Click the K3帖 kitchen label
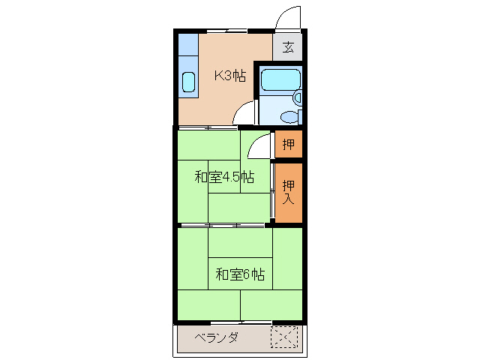[x=230, y=75]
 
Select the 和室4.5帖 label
[x=224, y=178]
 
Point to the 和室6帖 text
[x=240, y=274]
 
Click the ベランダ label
[x=216, y=337]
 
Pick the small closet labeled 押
[x=288, y=144]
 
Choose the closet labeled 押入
[x=288, y=192]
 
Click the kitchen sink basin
[x=188, y=82]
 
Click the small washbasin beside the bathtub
[x=298, y=97]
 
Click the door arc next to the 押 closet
[x=259, y=147]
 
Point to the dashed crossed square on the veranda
[x=284, y=337]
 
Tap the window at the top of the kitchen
[x=226, y=31]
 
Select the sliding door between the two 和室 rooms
[x=223, y=225]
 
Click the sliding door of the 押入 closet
[x=272, y=196]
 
